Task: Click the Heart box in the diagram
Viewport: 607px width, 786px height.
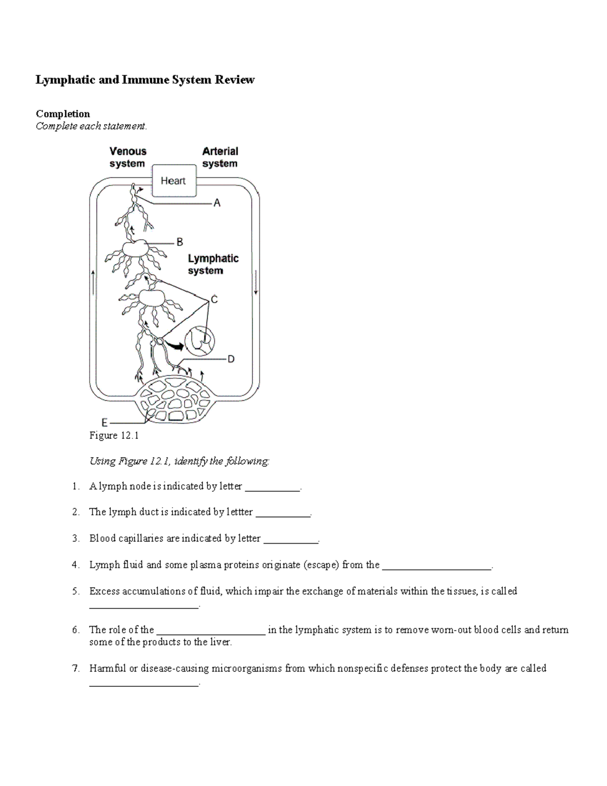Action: coord(174,181)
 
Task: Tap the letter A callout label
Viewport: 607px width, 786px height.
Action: coord(217,203)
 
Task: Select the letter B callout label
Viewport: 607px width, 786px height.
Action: coord(180,242)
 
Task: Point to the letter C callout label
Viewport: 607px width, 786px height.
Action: coord(214,300)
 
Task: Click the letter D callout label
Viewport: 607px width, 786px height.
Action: coord(231,359)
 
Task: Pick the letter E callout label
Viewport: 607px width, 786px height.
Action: coord(104,422)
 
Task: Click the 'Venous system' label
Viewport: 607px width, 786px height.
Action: coord(127,157)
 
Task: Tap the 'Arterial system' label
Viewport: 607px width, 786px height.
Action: coord(220,157)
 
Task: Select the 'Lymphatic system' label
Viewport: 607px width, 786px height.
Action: coord(213,264)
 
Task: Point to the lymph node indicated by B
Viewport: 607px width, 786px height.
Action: coord(135,249)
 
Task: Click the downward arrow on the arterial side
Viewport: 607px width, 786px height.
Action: coord(256,282)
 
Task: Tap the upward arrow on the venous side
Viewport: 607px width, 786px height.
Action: coord(93,282)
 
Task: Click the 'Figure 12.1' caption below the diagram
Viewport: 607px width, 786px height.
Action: coord(114,436)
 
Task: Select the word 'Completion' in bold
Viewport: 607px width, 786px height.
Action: coord(63,114)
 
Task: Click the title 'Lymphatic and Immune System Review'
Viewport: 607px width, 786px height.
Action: coord(145,80)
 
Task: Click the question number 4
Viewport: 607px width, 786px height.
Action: coord(75,565)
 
